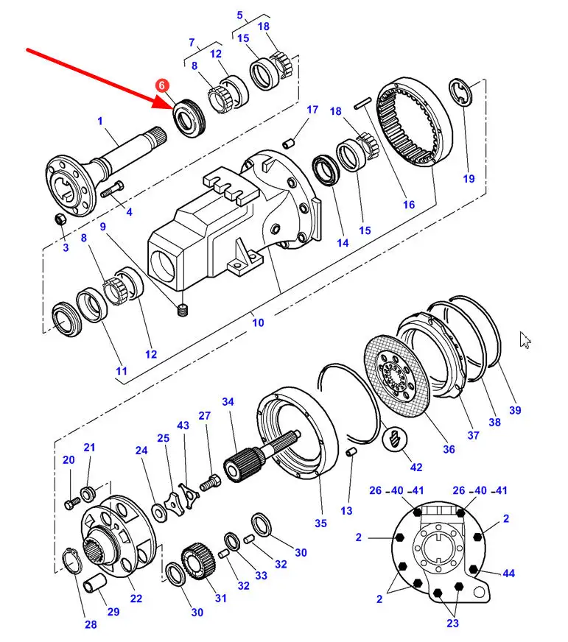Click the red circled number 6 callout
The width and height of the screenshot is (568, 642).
coord(162,85)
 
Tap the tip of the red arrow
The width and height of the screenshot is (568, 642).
coord(172,108)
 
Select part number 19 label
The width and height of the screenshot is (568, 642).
coord(469,178)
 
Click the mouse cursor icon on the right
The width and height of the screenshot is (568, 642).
coord(525,340)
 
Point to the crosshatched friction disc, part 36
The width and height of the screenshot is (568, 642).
coord(396,376)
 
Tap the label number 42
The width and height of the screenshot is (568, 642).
coord(416,468)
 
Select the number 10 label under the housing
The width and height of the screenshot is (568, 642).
coord(258,322)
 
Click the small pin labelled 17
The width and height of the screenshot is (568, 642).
coord(289,144)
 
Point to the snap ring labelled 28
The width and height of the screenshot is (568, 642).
coord(72,560)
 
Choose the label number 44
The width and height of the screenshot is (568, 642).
coord(508,574)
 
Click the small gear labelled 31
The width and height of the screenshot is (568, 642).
coord(199,561)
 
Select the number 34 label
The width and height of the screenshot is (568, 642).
coord(228,402)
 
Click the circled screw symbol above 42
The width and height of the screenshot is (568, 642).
coord(394,439)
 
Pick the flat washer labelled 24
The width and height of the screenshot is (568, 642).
coord(159,513)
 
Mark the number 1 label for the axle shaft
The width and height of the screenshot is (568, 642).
coord(100,121)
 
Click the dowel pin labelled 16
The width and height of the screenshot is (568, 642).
coord(362,103)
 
